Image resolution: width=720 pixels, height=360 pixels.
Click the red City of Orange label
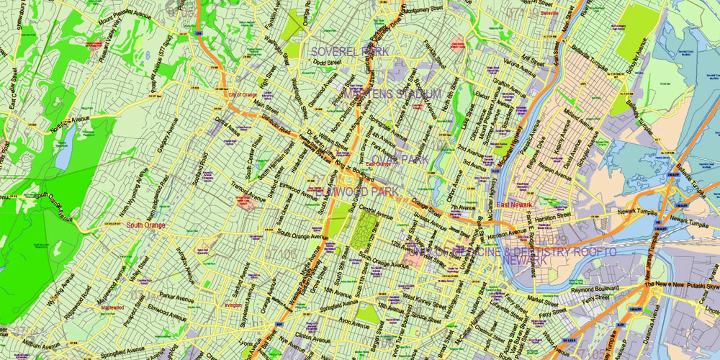point(242,94)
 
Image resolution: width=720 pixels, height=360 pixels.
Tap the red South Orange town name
point(146,225)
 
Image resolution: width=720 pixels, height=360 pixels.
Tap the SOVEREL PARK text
point(350,52)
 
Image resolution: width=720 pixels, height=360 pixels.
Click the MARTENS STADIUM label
point(392,94)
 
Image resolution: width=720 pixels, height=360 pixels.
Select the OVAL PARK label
point(400,158)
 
